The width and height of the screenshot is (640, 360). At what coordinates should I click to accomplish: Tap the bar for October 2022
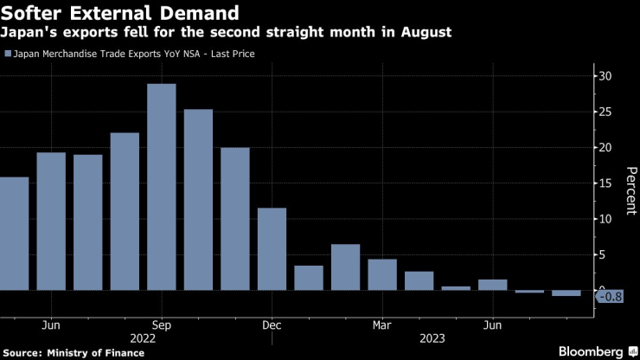coord(198,199)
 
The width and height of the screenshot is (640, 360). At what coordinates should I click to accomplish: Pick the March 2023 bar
coord(382,274)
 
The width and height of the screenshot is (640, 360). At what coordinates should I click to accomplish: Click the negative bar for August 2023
coord(566,293)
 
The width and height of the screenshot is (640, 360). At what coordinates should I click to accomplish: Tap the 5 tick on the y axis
coord(605,254)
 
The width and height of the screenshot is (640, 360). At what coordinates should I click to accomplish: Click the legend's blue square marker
coord(8,54)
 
